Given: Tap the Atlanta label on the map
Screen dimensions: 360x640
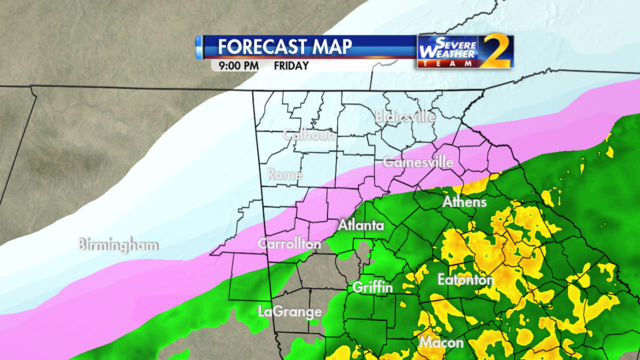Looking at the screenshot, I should tap(360, 226).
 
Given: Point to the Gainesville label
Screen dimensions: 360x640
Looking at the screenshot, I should tap(418, 161).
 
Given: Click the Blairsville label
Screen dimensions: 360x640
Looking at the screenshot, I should tap(405, 117).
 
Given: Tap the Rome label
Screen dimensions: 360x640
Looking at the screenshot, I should tap(285, 175).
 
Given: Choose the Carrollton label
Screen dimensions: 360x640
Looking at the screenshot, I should tap(290, 243).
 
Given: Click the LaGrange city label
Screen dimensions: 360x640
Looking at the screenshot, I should tap(289, 311).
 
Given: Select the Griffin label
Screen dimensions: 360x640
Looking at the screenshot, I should tap(372, 287).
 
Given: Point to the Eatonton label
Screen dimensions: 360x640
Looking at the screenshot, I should tap(465, 280).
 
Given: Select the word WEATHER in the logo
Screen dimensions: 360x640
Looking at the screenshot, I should tap(440, 51).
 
